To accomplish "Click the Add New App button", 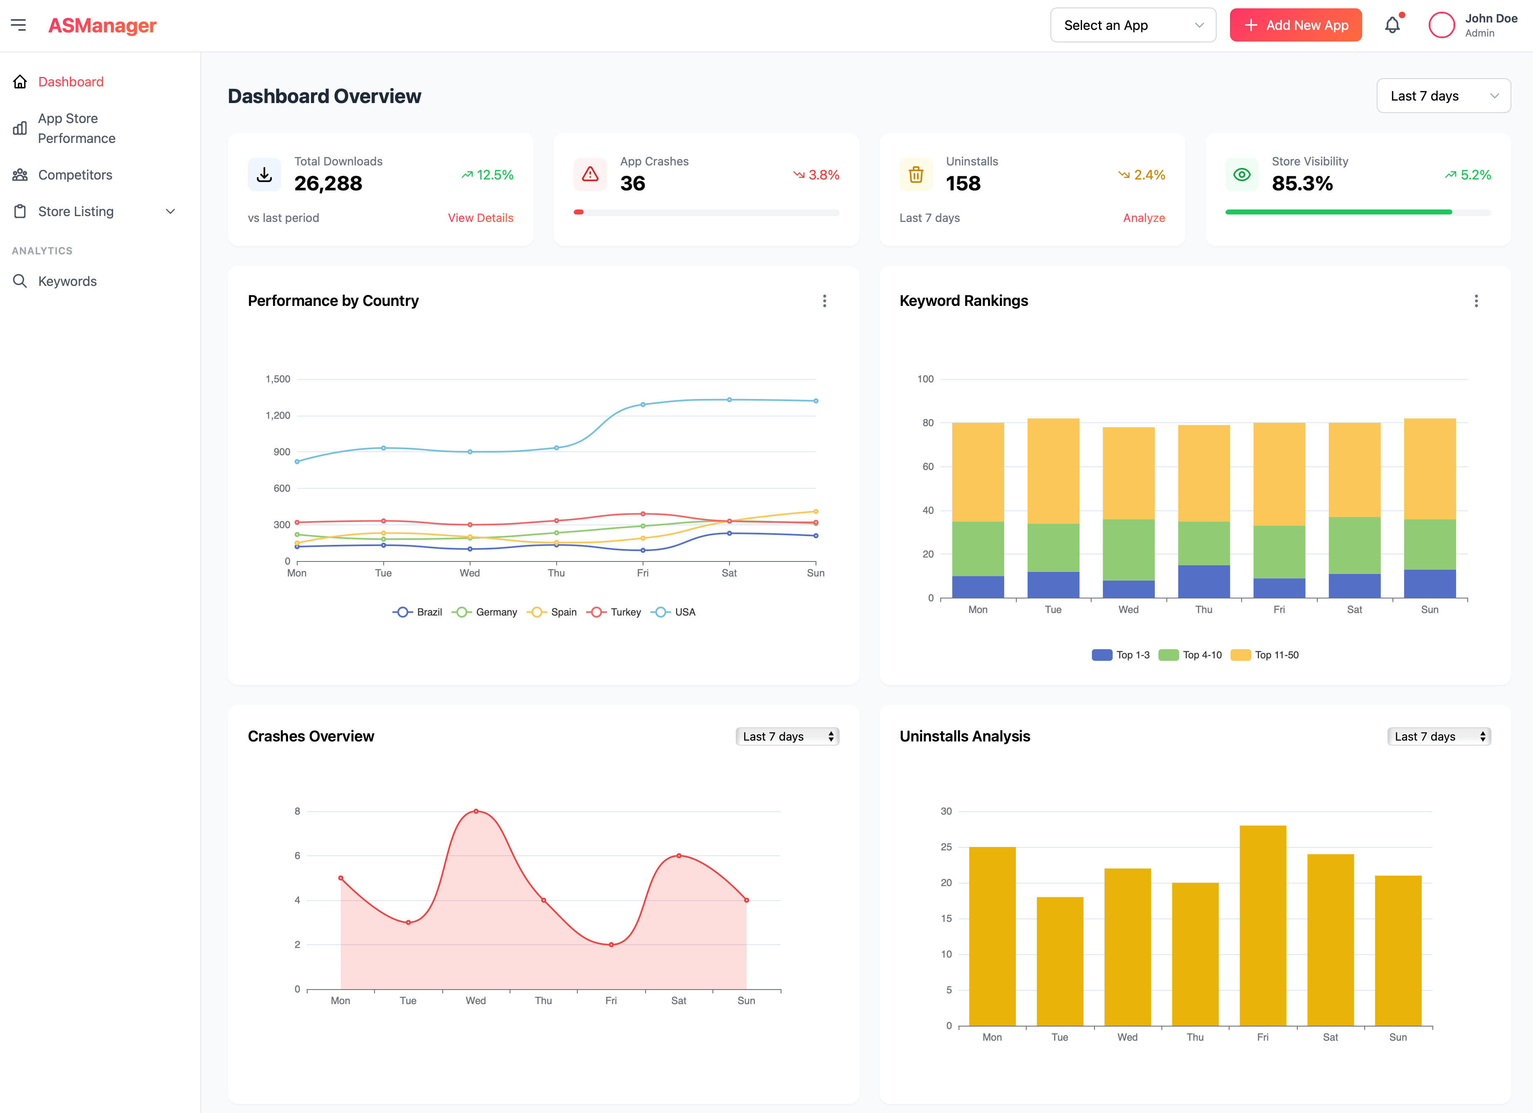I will pyautogui.click(x=1295, y=25).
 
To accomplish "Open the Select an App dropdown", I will pyautogui.click(x=1132, y=25).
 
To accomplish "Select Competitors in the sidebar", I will pyautogui.click(x=75, y=175).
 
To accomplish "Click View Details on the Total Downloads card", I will pyautogui.click(x=480, y=218).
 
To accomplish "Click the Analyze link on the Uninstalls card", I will pyautogui.click(x=1144, y=218).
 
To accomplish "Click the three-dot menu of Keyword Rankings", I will pyautogui.click(x=1476, y=301).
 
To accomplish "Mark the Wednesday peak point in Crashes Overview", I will pyautogui.click(x=476, y=811).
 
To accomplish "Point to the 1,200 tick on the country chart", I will pyautogui.click(x=278, y=416).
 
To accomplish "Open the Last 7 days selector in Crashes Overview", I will pyautogui.click(x=787, y=736).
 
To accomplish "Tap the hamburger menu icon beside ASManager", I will pyautogui.click(x=18, y=25).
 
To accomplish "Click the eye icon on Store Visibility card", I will pyautogui.click(x=1242, y=175).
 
